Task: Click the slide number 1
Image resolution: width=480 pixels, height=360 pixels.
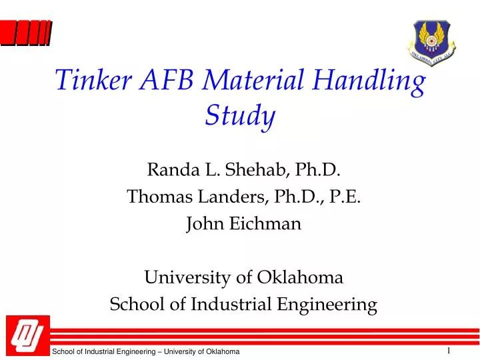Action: point(449,351)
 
